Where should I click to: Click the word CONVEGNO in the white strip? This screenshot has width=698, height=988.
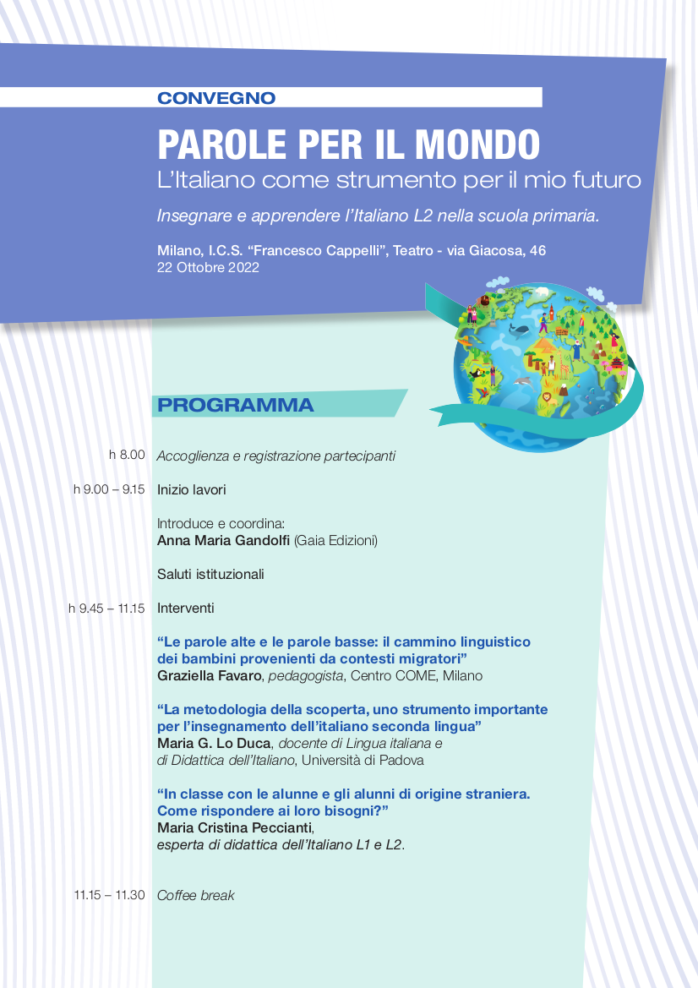[216, 98]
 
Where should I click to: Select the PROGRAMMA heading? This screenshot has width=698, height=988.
[235, 406]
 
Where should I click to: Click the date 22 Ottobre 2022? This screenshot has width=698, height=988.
[208, 268]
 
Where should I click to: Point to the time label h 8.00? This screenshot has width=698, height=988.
[127, 456]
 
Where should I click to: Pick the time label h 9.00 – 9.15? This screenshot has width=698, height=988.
[109, 489]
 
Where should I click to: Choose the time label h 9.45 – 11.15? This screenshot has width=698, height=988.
[106, 608]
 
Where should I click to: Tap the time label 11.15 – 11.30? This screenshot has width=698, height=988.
[109, 895]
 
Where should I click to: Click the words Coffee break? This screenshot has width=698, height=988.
[196, 895]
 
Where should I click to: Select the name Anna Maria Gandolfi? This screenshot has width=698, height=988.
[224, 540]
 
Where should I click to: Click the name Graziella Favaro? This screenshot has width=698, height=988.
[206, 675]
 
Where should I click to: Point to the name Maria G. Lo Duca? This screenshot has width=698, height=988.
[214, 743]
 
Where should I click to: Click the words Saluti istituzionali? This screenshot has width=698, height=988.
[210, 574]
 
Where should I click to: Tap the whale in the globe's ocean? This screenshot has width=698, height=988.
[521, 330]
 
